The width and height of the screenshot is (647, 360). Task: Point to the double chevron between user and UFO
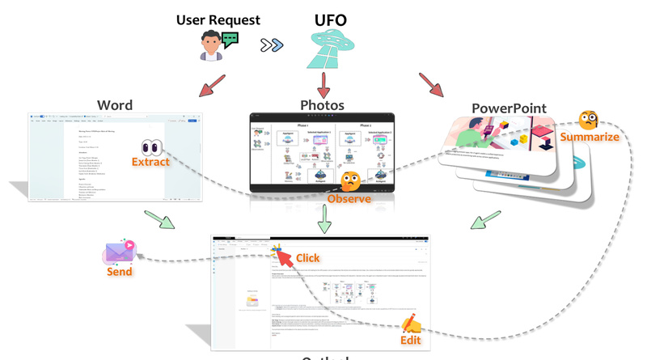click(272, 45)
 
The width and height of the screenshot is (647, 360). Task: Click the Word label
click(115, 106)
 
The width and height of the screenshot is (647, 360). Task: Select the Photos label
click(322, 106)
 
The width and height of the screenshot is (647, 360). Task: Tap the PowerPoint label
click(509, 108)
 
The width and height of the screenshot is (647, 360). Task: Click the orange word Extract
click(151, 162)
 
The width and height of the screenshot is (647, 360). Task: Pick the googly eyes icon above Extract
click(152, 146)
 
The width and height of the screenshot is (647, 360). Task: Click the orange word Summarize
click(592, 137)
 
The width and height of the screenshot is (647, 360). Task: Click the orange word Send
click(120, 272)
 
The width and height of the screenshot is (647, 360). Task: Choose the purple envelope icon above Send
click(120, 252)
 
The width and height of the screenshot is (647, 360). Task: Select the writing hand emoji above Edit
click(412, 324)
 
